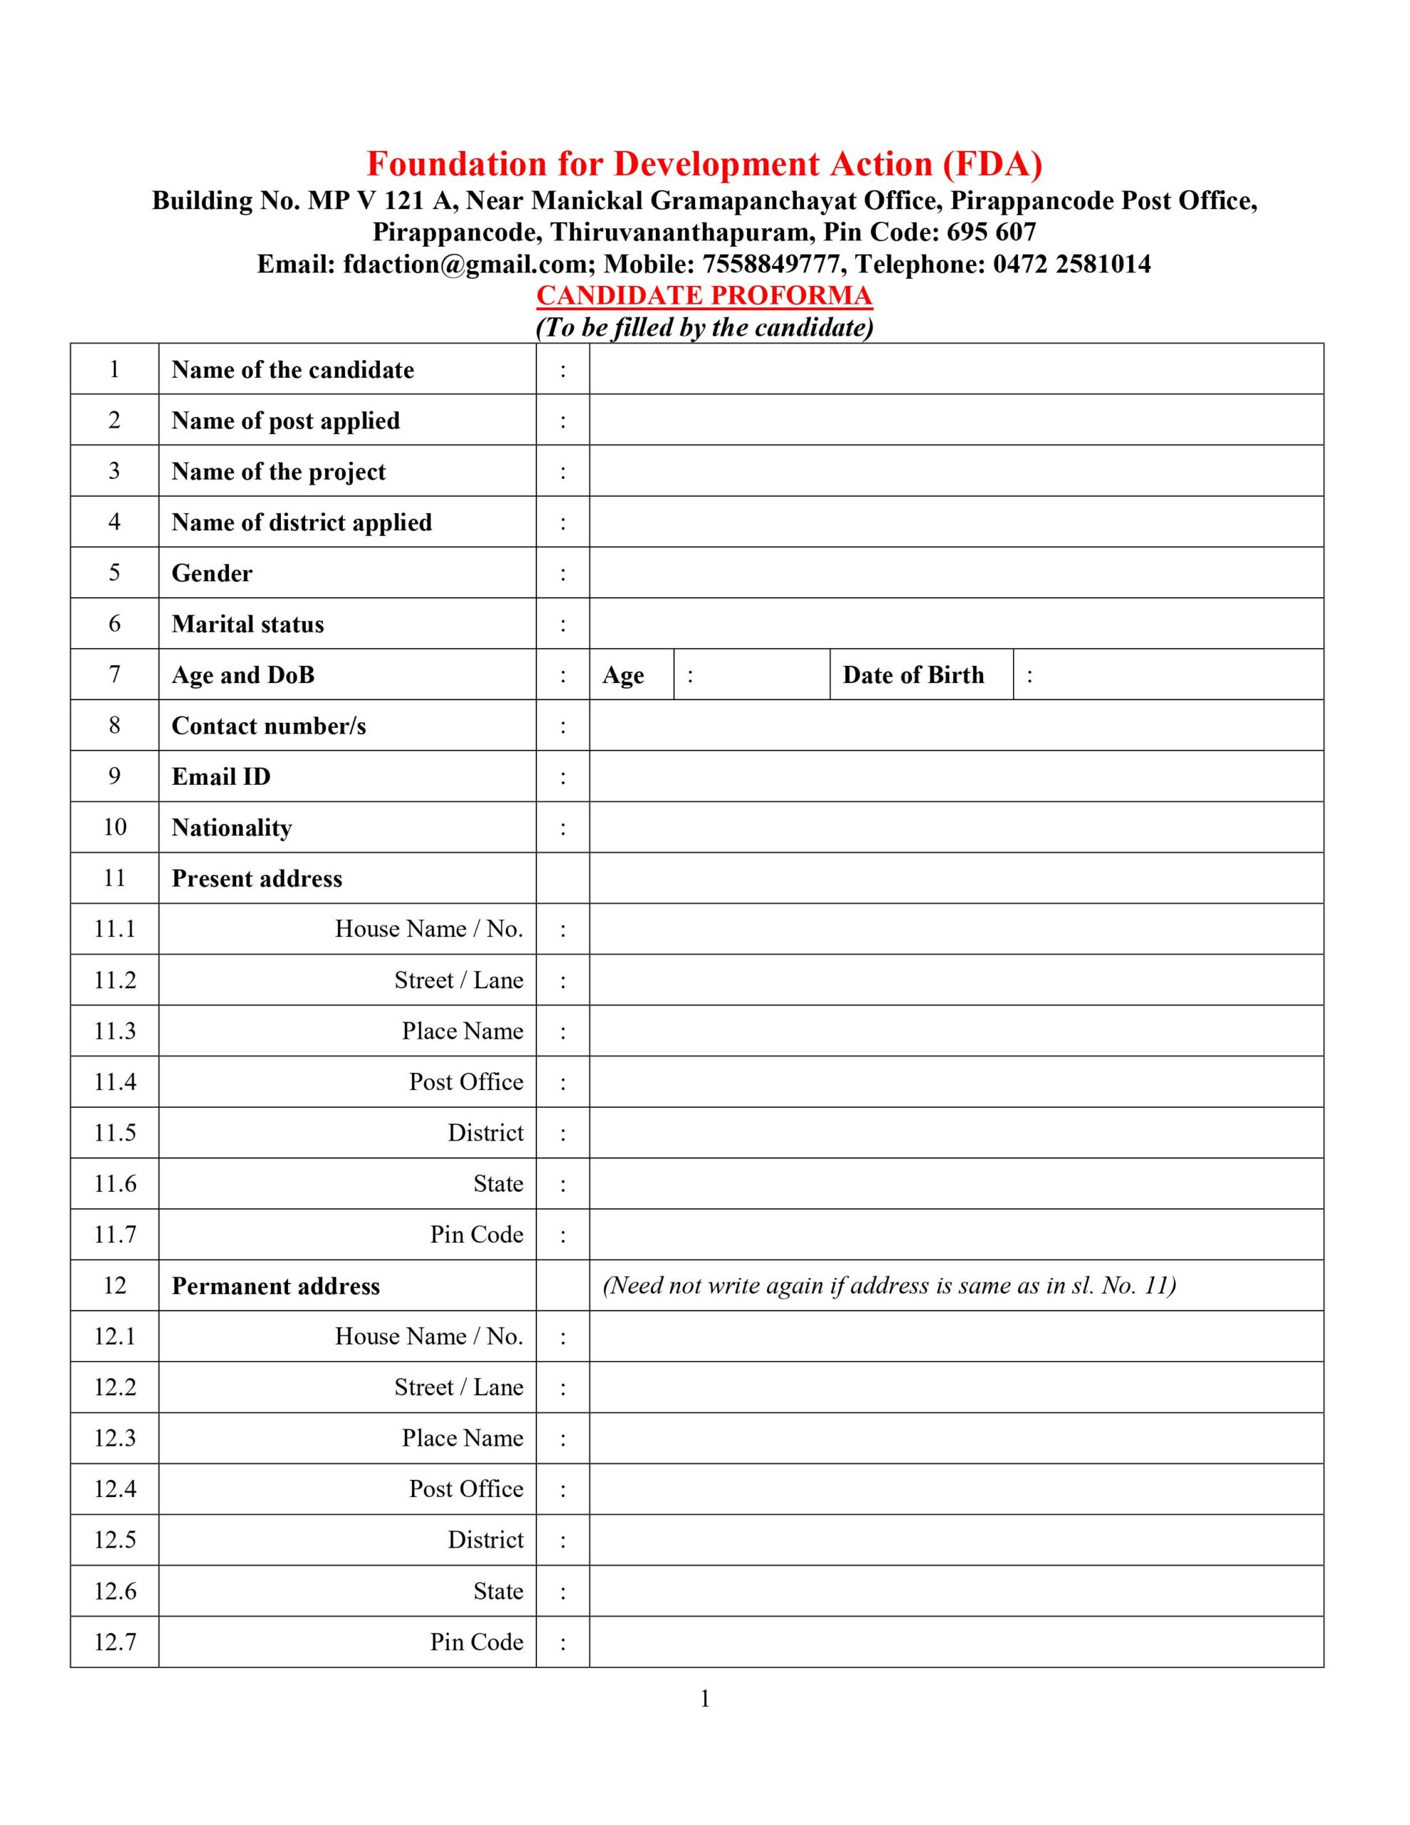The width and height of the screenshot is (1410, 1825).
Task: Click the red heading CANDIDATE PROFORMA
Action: coord(704,295)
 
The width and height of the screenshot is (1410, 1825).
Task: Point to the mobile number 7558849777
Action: coord(771,264)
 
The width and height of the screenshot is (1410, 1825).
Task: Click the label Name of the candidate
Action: coord(292,369)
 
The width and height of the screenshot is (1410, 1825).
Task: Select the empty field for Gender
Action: coord(955,572)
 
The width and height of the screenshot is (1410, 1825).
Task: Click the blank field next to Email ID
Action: coord(955,776)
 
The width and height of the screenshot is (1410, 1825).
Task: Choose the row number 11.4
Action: coord(115,1082)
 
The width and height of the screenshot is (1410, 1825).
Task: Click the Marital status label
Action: coord(247,624)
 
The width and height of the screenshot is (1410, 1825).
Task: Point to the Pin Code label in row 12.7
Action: coord(476,1641)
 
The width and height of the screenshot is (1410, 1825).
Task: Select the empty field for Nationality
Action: coord(955,827)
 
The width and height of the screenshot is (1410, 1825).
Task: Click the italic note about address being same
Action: coord(888,1285)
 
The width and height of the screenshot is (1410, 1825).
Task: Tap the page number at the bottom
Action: coord(704,1699)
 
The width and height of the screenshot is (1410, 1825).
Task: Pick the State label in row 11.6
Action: coord(498,1183)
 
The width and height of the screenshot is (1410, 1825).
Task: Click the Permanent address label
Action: coord(276,1286)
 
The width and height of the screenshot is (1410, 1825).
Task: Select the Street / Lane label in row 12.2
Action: coord(459,1387)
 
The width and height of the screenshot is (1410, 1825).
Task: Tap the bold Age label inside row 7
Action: coord(623,675)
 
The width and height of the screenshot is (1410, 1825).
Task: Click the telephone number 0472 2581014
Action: coord(1071,264)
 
